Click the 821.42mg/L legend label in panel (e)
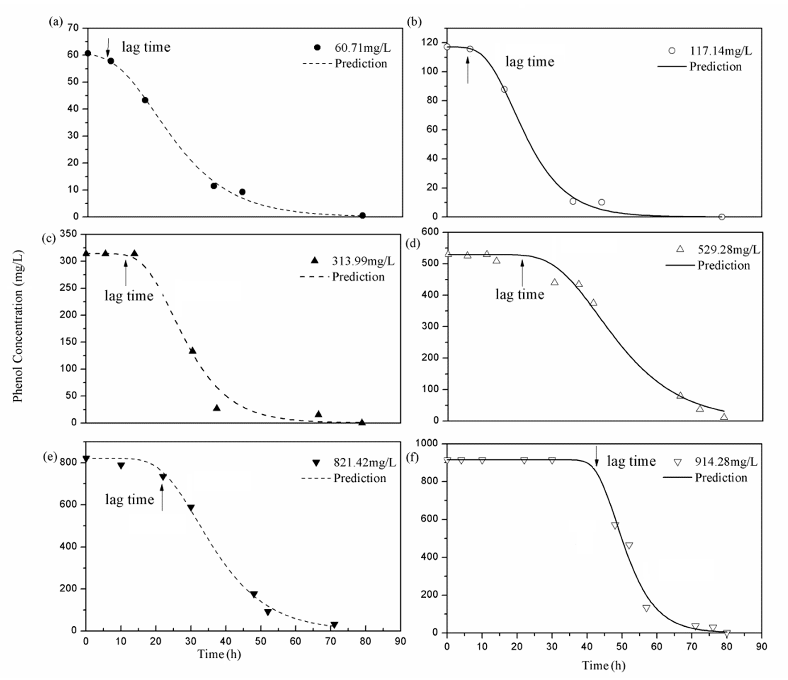point(364,462)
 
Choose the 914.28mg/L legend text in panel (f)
point(726,462)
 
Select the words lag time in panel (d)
point(520,294)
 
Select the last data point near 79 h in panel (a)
point(362,215)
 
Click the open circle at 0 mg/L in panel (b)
point(721,217)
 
